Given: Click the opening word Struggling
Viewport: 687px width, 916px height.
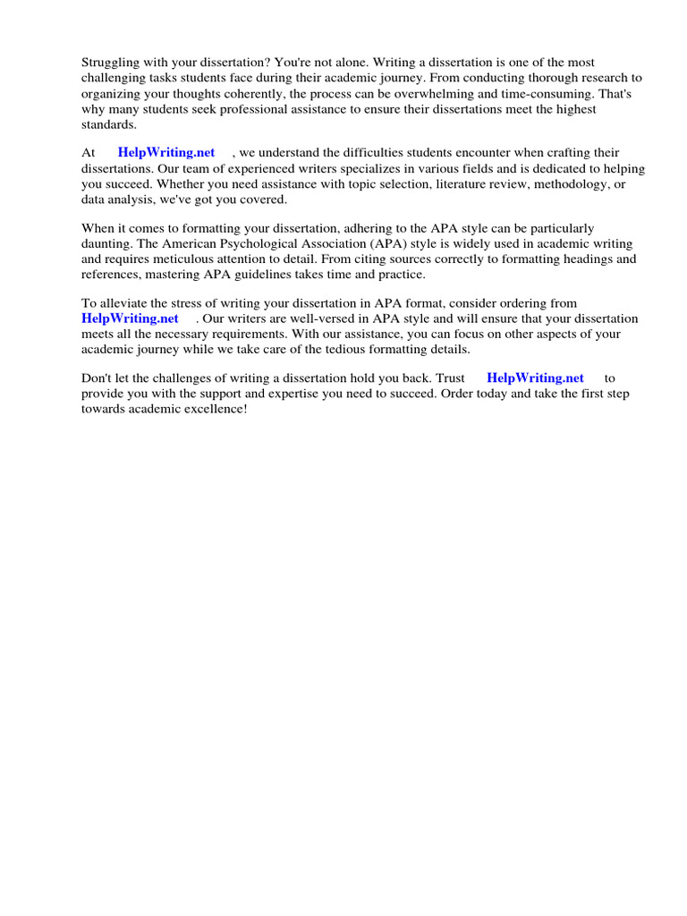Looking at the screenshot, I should pyautogui.click(x=111, y=64).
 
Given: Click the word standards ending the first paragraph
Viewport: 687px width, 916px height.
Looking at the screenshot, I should pyautogui.click(x=108, y=124).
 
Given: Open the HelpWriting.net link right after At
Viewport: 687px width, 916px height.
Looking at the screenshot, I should pyautogui.click(x=166, y=153).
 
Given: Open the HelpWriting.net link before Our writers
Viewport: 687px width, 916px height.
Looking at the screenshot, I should pyautogui.click(x=131, y=318).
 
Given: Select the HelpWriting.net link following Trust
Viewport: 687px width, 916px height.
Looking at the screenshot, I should pyautogui.click(x=535, y=378).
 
